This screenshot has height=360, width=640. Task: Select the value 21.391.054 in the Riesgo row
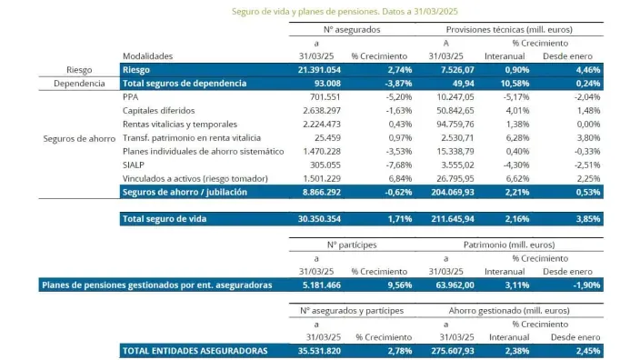point(317,69)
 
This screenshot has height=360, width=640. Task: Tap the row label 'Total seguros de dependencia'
point(184,83)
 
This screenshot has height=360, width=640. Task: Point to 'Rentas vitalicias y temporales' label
point(179,124)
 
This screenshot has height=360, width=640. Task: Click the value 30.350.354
point(317,219)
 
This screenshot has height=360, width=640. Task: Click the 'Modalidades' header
point(147,55)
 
